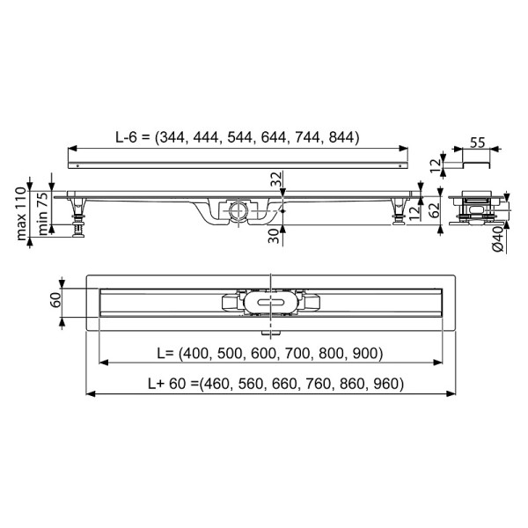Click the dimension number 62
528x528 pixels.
tap(434, 211)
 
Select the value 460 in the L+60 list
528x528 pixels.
tap(220, 385)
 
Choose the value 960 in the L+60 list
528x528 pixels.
tap(387, 385)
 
